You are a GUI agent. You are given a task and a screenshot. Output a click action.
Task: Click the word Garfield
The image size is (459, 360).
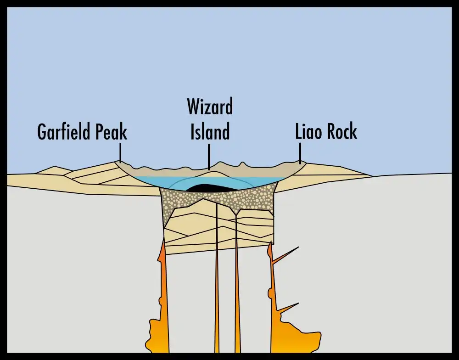click(x=65, y=132)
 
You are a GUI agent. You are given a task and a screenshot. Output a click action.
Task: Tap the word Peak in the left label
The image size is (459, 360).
click(x=112, y=132)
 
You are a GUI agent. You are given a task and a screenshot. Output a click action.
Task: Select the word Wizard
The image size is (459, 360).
click(x=210, y=107)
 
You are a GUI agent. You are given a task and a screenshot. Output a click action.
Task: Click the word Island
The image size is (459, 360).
click(x=210, y=132)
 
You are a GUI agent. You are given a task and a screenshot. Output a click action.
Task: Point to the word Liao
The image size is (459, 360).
click(x=309, y=132)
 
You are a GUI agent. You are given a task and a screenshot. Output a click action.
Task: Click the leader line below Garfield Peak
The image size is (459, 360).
click(x=120, y=152)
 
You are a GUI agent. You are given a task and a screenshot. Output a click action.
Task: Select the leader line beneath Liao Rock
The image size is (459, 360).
click(x=300, y=152)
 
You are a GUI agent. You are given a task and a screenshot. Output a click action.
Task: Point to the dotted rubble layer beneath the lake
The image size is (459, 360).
click(x=257, y=197)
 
